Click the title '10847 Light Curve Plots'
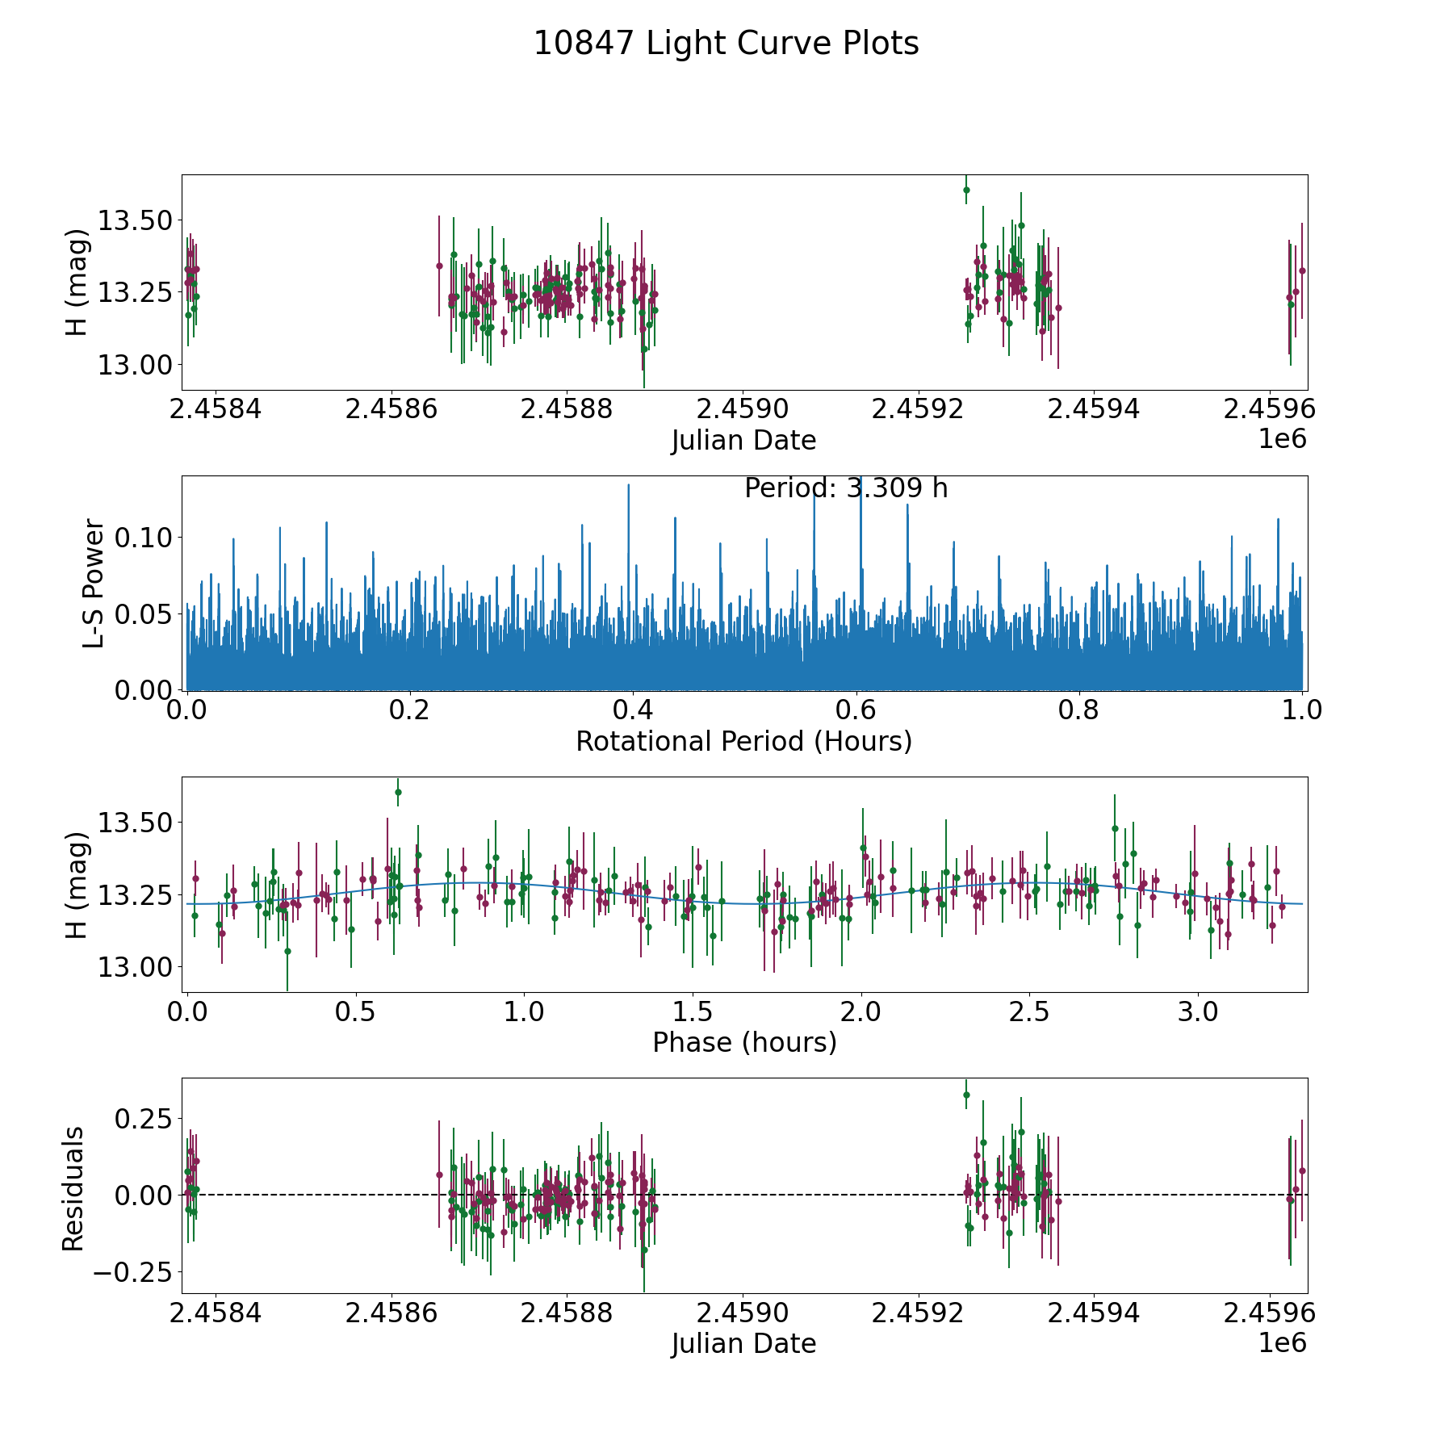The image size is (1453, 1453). coord(726,44)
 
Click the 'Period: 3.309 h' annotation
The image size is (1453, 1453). coord(845,488)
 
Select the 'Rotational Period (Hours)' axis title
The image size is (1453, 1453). coord(743,741)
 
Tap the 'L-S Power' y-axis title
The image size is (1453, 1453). coord(94,583)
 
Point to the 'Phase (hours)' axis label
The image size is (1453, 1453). coord(743,1042)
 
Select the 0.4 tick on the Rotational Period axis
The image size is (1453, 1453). coord(633,710)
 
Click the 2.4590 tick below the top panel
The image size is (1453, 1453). coord(743,409)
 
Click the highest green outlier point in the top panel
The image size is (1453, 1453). coord(966,191)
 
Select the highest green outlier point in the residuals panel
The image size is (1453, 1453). coord(966,1095)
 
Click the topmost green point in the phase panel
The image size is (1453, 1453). coord(398,793)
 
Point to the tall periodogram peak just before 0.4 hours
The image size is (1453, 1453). coord(628,487)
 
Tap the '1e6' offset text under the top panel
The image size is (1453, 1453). coord(1282,439)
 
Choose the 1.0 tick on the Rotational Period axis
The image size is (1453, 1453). coord(1302,710)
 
